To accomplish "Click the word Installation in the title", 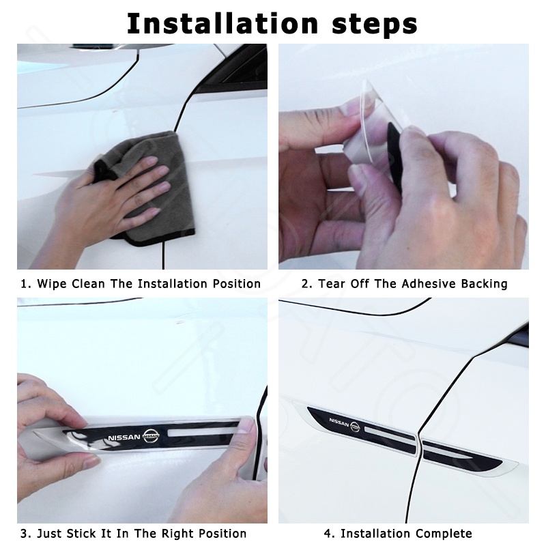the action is click(222, 23).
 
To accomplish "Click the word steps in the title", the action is click(375, 24).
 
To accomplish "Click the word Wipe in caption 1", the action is click(52, 284).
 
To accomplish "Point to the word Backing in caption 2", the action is click(484, 284).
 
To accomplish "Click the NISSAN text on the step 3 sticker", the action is click(124, 437).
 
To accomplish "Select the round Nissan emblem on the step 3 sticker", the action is click(151, 436).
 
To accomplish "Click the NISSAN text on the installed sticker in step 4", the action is click(339, 422).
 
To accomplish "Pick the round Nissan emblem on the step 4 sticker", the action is click(355, 427).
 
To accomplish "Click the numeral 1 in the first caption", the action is click(24, 284).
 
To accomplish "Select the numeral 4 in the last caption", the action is click(328, 534).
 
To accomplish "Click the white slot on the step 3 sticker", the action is click(203, 433).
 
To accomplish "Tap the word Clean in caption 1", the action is click(88, 284).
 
